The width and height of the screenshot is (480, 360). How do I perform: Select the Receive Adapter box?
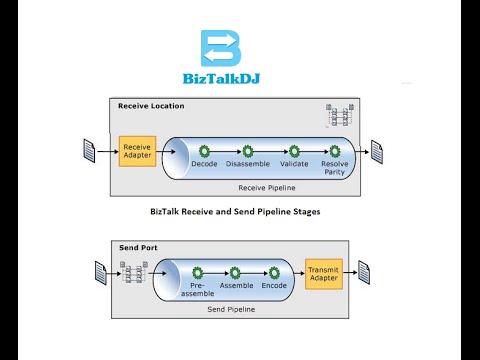click(136, 150)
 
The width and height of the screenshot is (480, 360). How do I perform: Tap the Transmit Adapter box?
click(323, 272)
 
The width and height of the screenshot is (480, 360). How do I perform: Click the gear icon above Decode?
click(204, 151)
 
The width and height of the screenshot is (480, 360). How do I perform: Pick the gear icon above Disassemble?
click(247, 151)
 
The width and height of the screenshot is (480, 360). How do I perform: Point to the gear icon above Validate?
click(294, 151)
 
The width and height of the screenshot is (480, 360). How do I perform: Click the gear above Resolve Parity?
click(336, 151)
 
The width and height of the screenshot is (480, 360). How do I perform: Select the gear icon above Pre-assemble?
click(197, 272)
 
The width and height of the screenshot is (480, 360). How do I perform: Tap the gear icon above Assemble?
click(236, 272)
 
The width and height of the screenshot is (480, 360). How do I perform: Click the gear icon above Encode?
click(274, 272)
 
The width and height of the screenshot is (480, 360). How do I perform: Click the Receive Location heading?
click(150, 106)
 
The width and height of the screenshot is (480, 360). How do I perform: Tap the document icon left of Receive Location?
click(88, 151)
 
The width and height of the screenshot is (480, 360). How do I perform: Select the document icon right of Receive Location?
click(378, 151)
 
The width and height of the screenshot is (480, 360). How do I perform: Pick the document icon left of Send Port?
click(101, 272)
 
